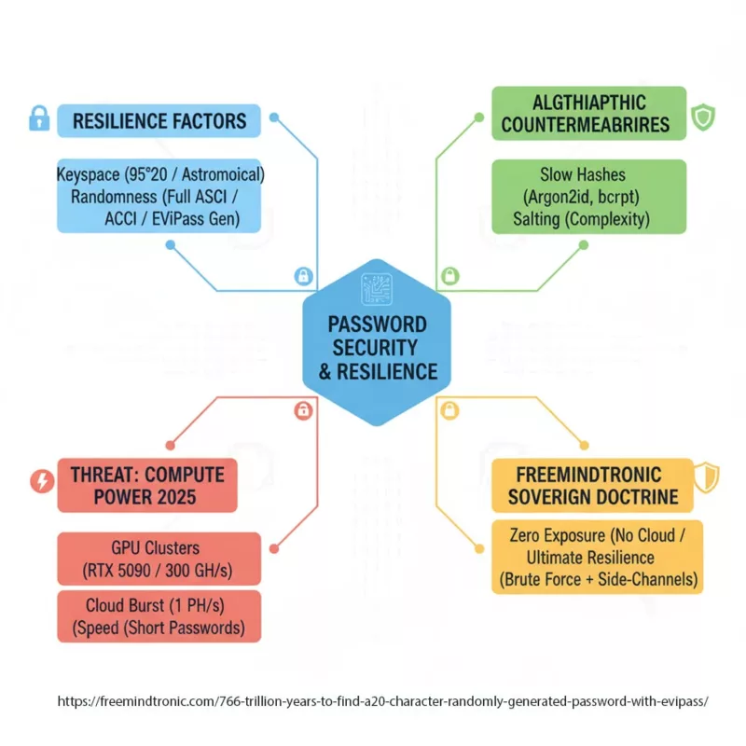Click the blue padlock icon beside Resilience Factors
(38, 118)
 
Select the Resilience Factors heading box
(159, 120)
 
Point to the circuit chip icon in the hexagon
(377, 287)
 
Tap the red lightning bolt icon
(42, 481)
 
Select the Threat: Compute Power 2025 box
(146, 485)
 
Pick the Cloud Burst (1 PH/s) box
(159, 615)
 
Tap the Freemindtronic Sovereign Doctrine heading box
(592, 485)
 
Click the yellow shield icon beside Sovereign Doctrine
(708, 477)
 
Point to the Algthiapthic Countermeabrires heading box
(588, 114)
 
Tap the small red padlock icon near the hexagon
(303, 409)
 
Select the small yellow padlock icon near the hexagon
(449, 409)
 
